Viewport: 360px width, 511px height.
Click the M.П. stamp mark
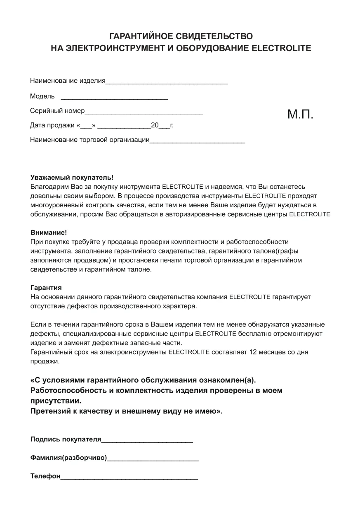point(300,114)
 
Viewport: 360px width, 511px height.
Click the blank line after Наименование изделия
point(167,82)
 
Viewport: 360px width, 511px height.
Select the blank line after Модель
point(114,98)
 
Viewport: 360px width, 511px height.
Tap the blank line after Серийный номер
point(144,112)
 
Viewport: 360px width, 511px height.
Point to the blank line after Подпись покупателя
point(147,441)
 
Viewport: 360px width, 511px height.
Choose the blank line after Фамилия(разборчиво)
point(153,459)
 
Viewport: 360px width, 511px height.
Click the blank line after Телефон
point(129,478)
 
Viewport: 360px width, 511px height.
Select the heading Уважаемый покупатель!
point(72,177)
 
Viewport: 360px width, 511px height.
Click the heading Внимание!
point(49,232)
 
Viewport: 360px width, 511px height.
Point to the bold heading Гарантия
point(46,288)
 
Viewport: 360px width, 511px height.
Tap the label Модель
point(42,96)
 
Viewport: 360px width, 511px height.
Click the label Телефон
point(45,476)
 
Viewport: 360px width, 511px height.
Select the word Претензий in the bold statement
point(50,411)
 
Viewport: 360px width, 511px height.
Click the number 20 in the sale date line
point(155,125)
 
